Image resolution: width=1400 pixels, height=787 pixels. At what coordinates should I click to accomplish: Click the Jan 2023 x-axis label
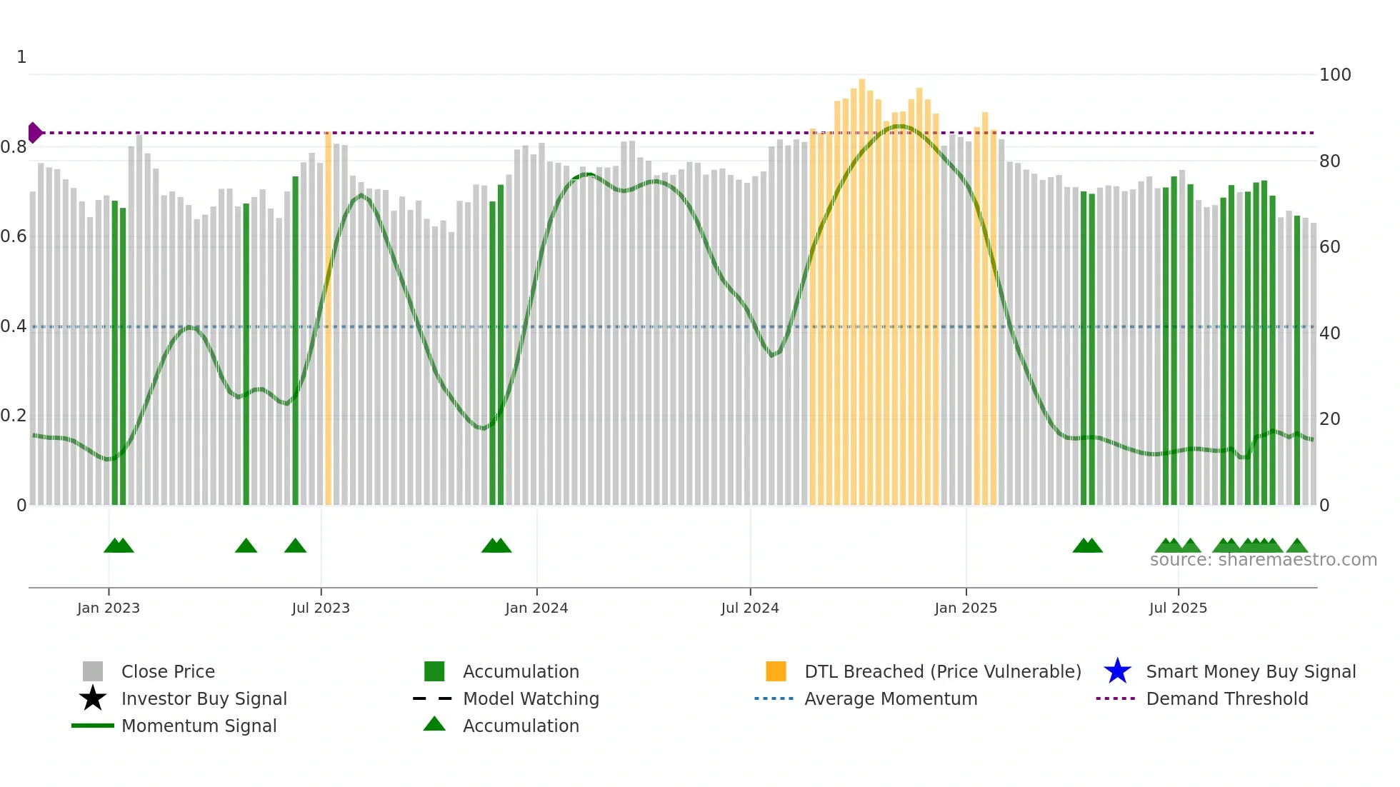coord(109,608)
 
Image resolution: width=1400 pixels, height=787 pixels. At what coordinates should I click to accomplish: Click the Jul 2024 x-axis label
coord(750,608)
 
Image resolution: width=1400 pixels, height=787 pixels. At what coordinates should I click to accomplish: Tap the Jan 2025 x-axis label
coord(966,608)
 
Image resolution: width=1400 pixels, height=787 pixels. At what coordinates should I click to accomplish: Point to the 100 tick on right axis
coord(1335,75)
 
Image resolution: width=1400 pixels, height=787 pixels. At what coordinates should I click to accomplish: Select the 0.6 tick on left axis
coord(14,236)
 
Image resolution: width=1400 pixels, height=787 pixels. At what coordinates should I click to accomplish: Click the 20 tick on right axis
coord(1329,419)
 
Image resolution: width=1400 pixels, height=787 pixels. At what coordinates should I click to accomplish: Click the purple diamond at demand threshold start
coord(34,133)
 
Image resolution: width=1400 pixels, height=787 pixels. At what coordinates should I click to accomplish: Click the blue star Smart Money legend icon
coord(1117,671)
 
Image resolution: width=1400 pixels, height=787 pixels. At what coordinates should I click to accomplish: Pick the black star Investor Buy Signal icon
coord(93,698)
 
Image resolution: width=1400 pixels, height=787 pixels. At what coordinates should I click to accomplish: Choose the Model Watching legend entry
coord(531,698)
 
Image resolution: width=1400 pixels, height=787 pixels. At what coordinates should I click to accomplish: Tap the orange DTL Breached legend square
coord(776,671)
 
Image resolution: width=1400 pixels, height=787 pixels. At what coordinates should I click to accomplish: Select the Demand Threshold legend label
coord(1226,698)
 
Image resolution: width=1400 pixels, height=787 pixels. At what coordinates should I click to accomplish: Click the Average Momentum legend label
coord(891,698)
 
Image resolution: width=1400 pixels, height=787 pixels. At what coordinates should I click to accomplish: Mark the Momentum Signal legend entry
coord(199,726)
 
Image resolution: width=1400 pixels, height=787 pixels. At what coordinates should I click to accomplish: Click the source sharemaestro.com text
coord(1263,560)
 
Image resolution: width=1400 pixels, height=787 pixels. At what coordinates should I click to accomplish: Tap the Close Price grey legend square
coord(93,671)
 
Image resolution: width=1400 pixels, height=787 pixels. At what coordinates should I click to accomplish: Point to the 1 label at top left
coord(21,57)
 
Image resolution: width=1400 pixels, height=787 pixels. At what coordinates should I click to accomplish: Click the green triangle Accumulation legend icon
coord(434,724)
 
